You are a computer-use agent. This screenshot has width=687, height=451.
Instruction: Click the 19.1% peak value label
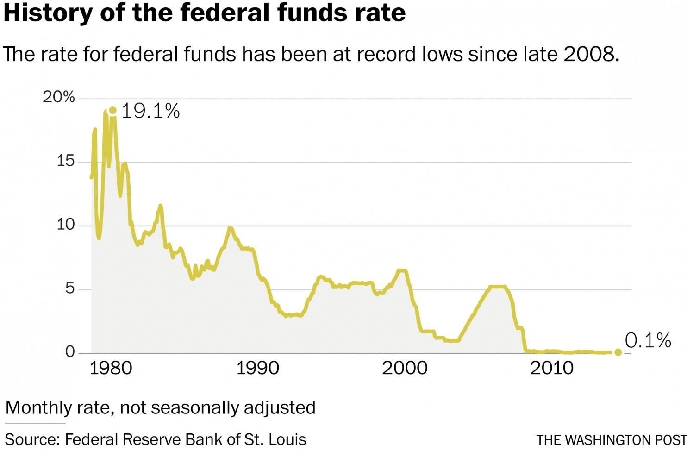click(150, 111)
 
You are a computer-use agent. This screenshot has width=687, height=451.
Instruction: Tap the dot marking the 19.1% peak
click(112, 110)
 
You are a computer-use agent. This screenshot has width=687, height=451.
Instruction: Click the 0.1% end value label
click(648, 341)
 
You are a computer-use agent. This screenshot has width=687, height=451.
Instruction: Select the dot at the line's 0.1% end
click(618, 352)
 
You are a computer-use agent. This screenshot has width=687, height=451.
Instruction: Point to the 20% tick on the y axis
click(59, 97)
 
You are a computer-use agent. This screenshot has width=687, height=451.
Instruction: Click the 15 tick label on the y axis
click(65, 161)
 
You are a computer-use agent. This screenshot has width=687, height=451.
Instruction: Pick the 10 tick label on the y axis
click(65, 225)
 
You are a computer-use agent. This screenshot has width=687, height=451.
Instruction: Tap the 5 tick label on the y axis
click(69, 288)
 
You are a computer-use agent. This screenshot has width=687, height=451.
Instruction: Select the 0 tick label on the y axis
click(69, 352)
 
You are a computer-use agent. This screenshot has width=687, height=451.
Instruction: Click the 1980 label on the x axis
click(111, 368)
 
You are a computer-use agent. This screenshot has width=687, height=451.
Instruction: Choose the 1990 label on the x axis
click(257, 368)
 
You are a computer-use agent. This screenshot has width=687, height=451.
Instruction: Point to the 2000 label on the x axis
click(405, 368)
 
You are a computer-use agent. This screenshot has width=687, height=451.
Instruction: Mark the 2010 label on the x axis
click(551, 368)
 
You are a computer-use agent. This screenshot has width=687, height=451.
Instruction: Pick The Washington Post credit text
click(611, 439)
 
